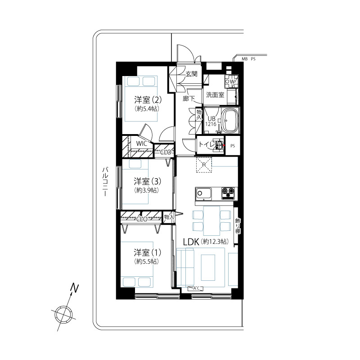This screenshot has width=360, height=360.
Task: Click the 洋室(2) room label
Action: pyautogui.click(x=148, y=100)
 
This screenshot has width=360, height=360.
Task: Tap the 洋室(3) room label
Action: pyautogui.click(x=148, y=181)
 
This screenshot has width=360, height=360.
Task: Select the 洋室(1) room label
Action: pyautogui.click(x=148, y=252)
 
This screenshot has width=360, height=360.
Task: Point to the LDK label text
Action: pyautogui.click(x=191, y=242)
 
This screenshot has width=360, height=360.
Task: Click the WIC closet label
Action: pyautogui.click(x=142, y=144)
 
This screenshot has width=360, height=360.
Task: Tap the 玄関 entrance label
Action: pyautogui.click(x=191, y=74)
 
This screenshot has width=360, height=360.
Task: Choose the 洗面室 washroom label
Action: pyautogui.click(x=215, y=94)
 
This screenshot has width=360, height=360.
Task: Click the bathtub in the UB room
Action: pyautogui.click(x=230, y=120)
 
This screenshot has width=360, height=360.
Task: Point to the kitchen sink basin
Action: pyautogui.click(x=203, y=193)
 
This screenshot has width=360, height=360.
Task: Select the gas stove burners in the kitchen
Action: pyautogui.click(x=228, y=193)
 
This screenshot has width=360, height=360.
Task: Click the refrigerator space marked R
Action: pyautogui.click(x=204, y=165)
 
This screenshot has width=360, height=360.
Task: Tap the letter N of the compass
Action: pyautogui.click(x=74, y=288)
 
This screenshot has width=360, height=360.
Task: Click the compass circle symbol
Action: pyautogui.click(x=63, y=314)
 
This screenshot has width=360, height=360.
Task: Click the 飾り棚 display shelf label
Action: pyautogui.click(x=238, y=226)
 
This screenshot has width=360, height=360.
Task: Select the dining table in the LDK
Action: pyautogui.click(x=211, y=220)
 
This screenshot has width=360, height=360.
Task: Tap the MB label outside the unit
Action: pyautogui.click(x=244, y=59)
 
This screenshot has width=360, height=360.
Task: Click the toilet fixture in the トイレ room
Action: pyautogui.click(x=218, y=145)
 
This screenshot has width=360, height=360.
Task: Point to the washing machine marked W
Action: pyautogui.click(x=231, y=81)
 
